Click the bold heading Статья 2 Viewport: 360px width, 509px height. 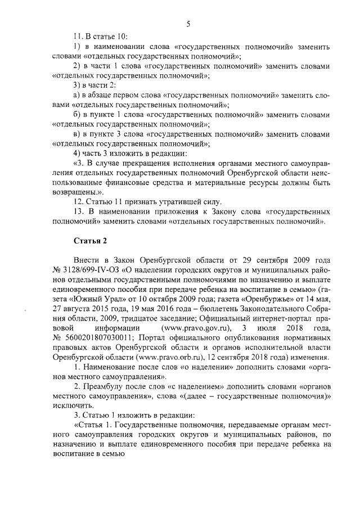coord(89,241)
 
